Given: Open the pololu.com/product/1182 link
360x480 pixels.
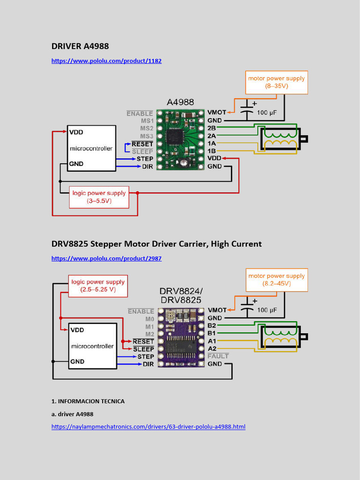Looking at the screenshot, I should point(106,61).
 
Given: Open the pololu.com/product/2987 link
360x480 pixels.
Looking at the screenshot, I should point(106,258).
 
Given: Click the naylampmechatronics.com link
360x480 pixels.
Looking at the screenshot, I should point(148,427).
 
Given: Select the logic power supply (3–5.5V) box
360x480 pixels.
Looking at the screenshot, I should point(99,197).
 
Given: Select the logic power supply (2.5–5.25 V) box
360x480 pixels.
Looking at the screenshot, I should point(98,286).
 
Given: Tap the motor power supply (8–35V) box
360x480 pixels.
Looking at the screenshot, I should point(276,82).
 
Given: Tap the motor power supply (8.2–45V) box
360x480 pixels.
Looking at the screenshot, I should point(276,280).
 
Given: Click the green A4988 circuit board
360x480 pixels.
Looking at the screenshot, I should point(180,139).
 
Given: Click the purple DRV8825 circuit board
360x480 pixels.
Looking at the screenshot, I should point(181,337).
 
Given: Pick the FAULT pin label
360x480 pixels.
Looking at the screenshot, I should point(218,356).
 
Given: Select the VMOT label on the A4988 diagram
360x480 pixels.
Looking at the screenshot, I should point(217,113).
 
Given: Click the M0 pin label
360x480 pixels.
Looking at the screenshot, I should point(149,319).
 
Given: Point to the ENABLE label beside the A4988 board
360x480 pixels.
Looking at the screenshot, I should point(140,113).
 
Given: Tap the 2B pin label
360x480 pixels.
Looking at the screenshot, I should point(212,128).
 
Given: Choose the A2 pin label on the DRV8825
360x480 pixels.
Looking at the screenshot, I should point(212,349).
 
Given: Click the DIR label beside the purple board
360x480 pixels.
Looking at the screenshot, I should point(148,364).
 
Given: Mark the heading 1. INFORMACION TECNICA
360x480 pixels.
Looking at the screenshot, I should point(88,402).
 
